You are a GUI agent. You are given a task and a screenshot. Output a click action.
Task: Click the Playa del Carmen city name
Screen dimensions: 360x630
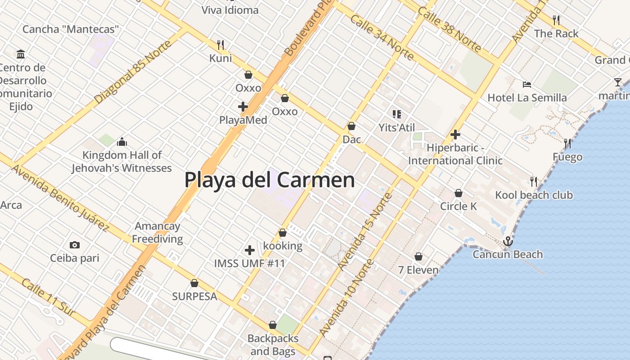tap(270, 180)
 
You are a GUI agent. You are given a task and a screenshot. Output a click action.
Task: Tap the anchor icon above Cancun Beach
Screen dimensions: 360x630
tap(508, 242)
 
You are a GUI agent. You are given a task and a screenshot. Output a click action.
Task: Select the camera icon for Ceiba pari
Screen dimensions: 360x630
tap(75, 245)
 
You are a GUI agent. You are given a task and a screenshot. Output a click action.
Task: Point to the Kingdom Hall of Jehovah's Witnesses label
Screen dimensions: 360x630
tap(121, 162)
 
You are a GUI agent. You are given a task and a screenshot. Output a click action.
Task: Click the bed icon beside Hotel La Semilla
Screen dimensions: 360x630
tap(527, 84)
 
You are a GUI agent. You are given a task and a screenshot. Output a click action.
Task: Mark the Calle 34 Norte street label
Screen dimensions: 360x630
tap(382, 37)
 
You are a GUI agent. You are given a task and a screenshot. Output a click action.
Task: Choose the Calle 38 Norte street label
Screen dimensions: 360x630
tap(449, 29)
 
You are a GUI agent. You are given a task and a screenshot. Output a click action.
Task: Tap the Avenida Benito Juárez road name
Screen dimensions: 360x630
tap(60, 198)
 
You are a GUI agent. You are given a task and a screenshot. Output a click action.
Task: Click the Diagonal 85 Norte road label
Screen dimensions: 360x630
tap(133, 72)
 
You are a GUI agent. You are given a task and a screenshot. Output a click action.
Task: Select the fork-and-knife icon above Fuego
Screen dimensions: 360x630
tap(567, 144)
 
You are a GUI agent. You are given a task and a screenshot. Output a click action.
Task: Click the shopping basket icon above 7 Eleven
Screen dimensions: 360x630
tap(418, 256)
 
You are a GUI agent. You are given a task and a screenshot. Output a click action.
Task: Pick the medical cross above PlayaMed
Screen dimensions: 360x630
tap(243, 107)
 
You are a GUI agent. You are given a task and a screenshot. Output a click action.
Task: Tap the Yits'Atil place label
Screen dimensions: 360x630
tap(396, 128)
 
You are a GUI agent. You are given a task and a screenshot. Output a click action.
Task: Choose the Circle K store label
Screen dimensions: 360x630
tap(458, 206)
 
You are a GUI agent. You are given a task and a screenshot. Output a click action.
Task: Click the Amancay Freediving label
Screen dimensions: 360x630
tap(157, 233)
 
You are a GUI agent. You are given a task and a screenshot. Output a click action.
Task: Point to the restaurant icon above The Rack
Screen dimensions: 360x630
tap(556, 20)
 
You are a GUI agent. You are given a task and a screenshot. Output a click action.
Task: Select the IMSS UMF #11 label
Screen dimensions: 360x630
tap(249, 263)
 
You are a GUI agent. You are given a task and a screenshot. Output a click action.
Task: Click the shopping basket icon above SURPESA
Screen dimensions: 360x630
tap(194, 283)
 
